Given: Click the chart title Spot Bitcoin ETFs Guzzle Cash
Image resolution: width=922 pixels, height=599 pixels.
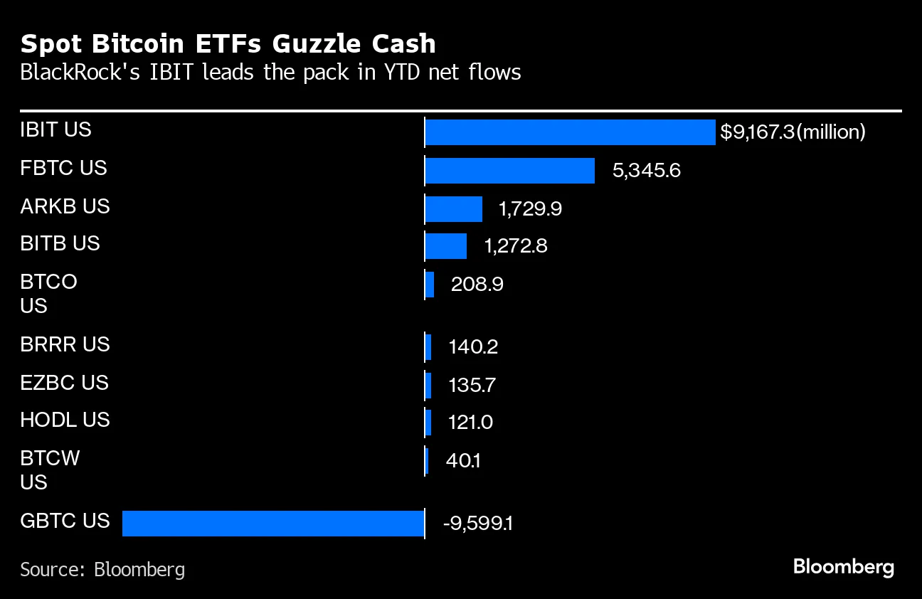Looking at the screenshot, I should pos(228,44).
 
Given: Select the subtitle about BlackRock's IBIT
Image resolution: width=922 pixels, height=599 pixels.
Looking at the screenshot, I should pos(270,73).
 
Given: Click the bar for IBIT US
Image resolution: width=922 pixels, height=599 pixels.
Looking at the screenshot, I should pos(570,132).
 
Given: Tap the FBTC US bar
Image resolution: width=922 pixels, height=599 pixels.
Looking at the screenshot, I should pos(509,171).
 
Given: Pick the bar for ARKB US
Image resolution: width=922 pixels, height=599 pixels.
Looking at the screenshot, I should pos(453,209).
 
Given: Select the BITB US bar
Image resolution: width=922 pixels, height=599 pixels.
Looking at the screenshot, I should pos(445,246).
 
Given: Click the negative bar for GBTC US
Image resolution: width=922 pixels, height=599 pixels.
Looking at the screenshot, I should pos(273,523).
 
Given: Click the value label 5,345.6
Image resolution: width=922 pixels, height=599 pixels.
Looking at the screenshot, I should pos(646,171).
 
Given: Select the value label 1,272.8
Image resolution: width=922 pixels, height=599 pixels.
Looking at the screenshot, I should pos(516,246).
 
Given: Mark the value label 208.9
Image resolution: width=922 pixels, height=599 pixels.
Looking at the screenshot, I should pos(477,285).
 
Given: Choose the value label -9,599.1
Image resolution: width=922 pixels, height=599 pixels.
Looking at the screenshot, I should pos(477,524).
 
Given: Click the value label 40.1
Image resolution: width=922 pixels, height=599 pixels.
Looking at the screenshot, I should pos(462,461).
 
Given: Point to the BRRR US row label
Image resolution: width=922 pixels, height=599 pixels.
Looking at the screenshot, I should pos(65,345).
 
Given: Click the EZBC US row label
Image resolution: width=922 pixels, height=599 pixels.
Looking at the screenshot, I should pos(64,383).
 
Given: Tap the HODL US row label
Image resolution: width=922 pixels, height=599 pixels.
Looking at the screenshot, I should pos(65,420).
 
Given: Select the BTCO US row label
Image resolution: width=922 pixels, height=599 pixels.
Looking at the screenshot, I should pos(48,294).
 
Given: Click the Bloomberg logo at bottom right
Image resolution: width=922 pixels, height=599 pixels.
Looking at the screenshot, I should pos(843,567).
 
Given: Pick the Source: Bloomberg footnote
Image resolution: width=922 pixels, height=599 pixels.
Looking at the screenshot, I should pos(102,570).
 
